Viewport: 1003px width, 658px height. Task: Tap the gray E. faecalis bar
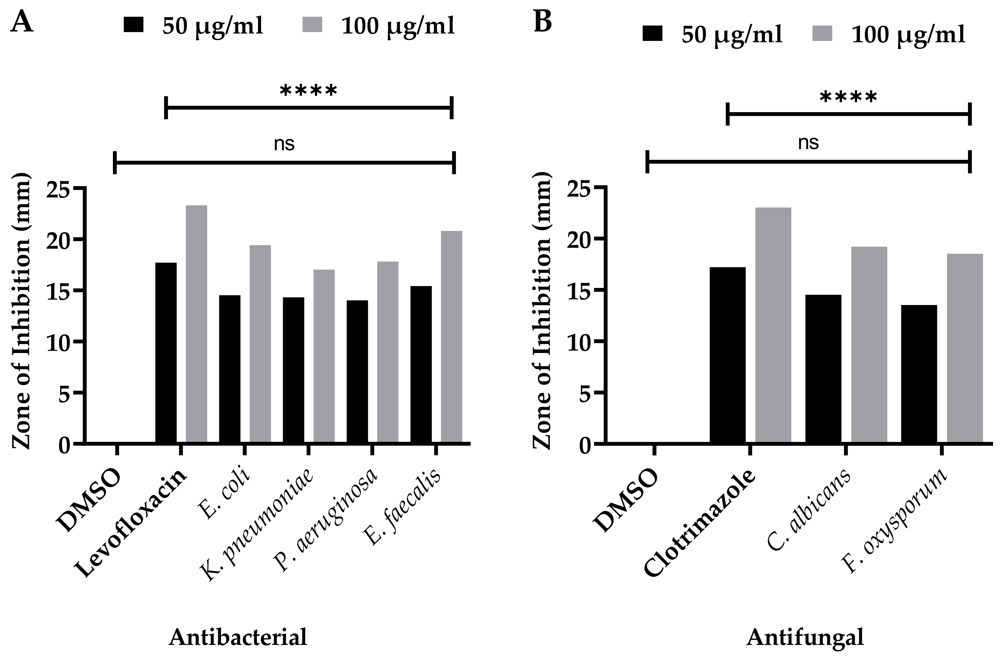(451, 337)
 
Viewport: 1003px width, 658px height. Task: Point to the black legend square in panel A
(134, 24)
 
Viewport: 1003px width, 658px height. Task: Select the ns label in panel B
(808, 143)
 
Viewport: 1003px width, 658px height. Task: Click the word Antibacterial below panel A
(238, 637)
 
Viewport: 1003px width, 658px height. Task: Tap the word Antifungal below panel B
(805, 637)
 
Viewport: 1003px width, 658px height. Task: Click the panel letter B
(543, 22)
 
